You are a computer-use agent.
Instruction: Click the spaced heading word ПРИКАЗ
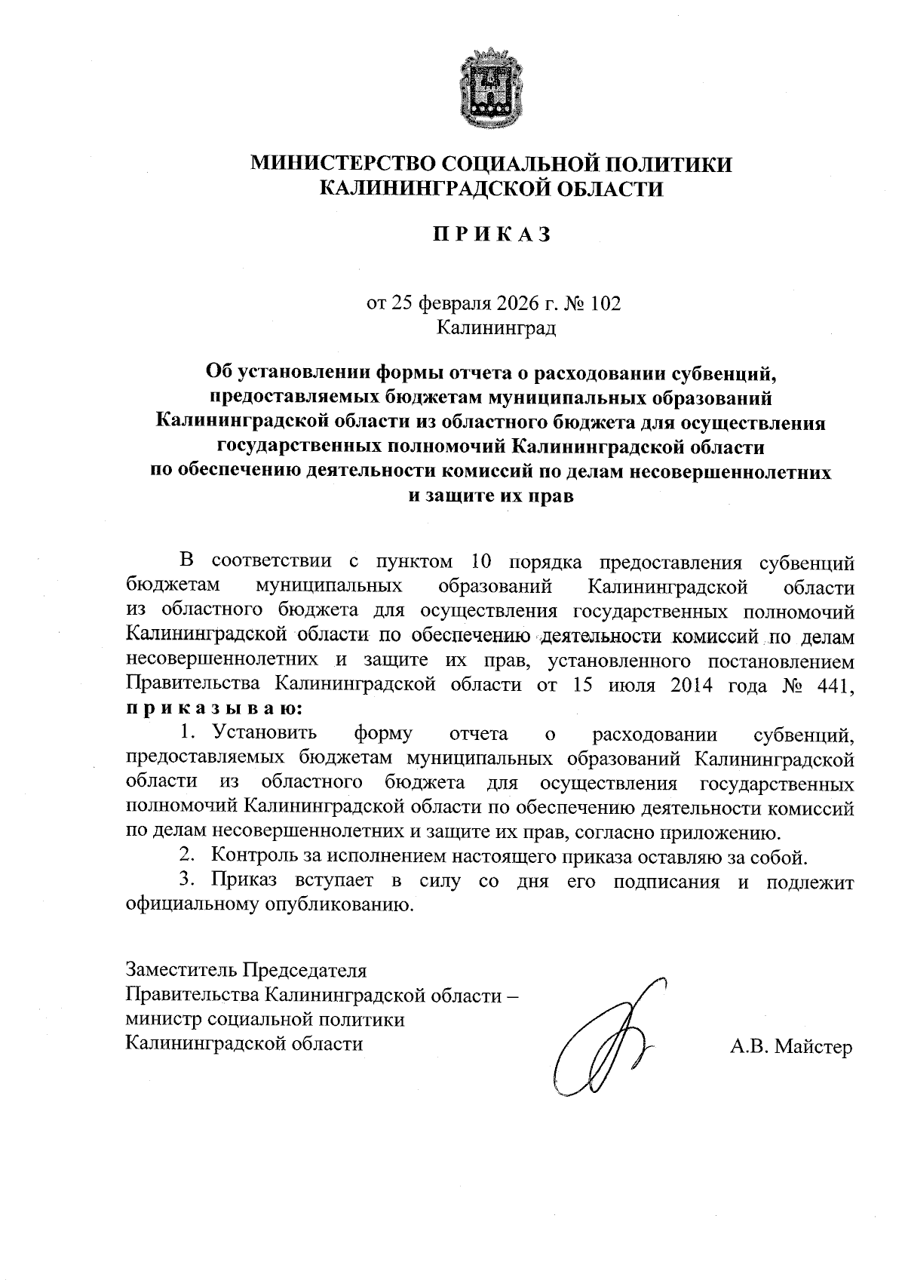(492, 235)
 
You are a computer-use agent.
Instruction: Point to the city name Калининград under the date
(495, 328)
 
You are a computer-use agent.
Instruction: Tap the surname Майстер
(813, 1047)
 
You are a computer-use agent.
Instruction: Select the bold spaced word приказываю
(215, 709)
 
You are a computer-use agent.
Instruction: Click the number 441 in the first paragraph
(835, 685)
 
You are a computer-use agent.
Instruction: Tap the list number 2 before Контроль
(185, 856)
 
